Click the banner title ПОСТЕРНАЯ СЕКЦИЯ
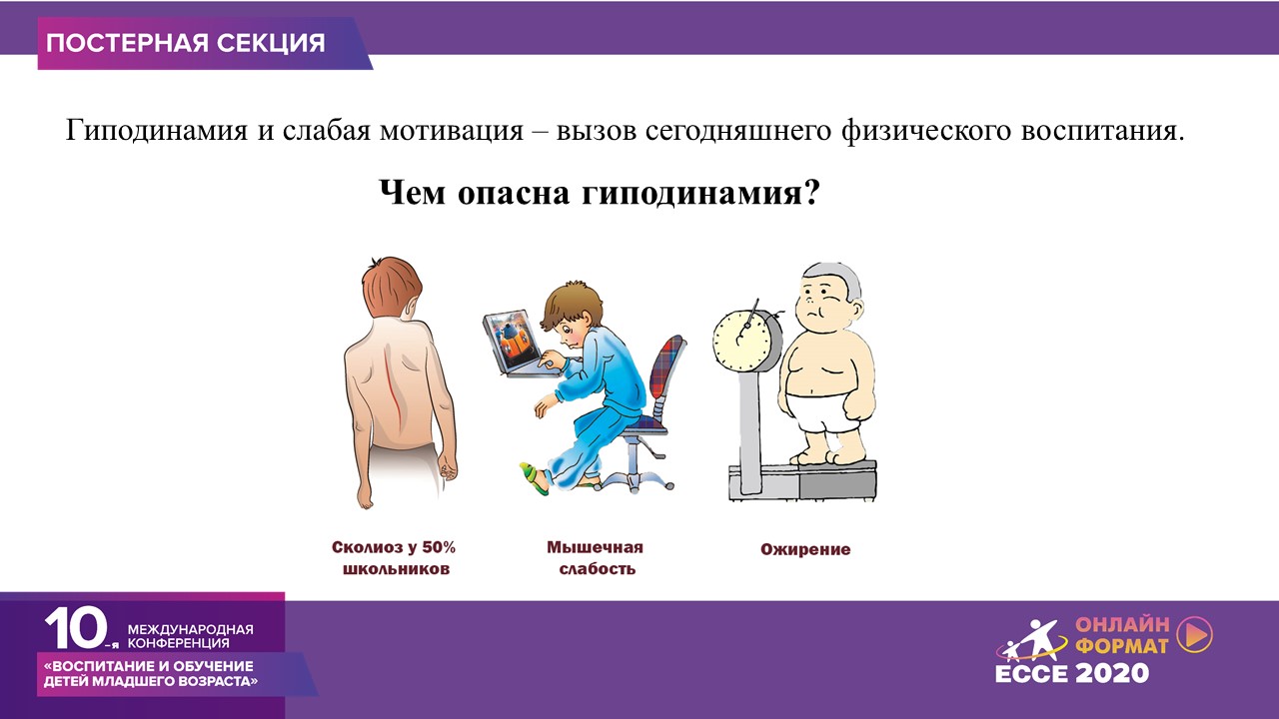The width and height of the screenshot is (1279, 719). click(x=186, y=43)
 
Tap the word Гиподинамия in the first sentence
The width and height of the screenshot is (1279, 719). click(x=157, y=131)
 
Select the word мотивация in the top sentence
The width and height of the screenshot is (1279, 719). click(x=452, y=131)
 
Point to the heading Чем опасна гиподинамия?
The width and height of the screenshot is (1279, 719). click(x=599, y=193)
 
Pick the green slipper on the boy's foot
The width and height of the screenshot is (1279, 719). click(x=535, y=478)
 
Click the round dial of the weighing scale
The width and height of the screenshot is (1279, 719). click(x=742, y=342)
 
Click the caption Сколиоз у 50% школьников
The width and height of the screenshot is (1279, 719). click(x=394, y=558)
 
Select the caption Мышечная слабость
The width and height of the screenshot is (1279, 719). click(x=595, y=558)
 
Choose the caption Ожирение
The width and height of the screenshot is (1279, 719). click(x=805, y=549)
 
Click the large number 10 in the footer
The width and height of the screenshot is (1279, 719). click(x=77, y=628)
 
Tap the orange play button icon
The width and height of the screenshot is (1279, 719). click(x=1195, y=634)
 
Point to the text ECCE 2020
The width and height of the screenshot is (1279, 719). click(x=1072, y=673)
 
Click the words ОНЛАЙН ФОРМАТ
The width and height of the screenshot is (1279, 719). click(x=1122, y=634)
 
